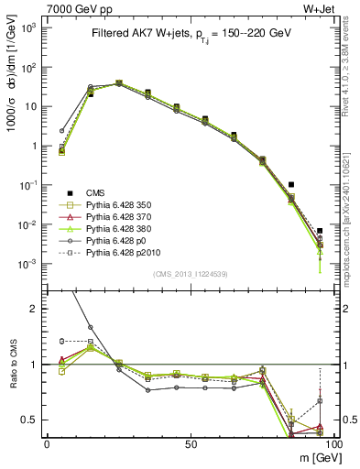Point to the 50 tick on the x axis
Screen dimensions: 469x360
pyautogui.click(x=190, y=443)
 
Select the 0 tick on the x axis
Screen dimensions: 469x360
pyautogui.click(x=47, y=443)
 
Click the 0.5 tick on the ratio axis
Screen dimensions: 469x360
pyautogui.click(x=31, y=420)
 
